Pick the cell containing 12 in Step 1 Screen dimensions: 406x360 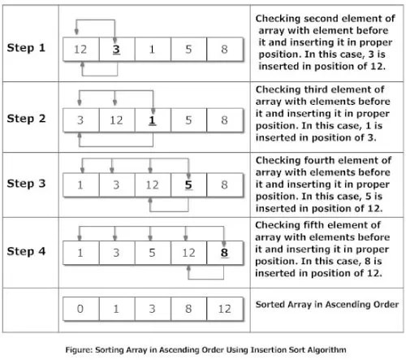(x=80, y=50)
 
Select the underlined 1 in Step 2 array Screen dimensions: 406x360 (x=152, y=120)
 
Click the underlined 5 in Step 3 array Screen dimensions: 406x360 (x=188, y=185)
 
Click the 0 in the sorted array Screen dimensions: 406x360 (x=80, y=310)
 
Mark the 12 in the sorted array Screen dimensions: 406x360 (x=223, y=310)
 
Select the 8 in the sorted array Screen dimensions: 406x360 (x=188, y=310)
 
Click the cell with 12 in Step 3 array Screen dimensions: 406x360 (x=152, y=185)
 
